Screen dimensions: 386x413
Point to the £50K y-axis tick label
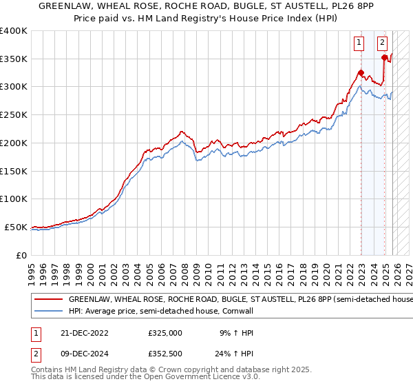[x=16, y=227]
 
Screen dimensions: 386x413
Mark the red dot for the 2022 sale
[x=361, y=72]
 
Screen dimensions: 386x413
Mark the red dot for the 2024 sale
[x=384, y=57]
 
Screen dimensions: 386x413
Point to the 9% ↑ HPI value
[x=237, y=333]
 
